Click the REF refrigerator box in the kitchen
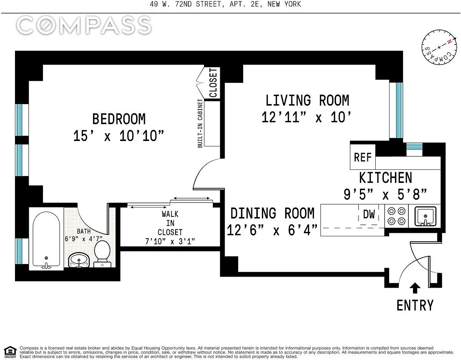(x=363, y=157)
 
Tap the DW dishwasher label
(x=369, y=214)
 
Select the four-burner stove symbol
(x=396, y=216)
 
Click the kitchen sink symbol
(x=425, y=216)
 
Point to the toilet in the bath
(x=102, y=254)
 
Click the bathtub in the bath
(x=46, y=239)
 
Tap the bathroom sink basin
(x=79, y=260)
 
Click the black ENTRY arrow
(x=415, y=288)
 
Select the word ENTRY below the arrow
(x=415, y=305)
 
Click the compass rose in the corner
(x=439, y=50)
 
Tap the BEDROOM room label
(x=119, y=119)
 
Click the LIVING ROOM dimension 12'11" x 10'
(x=306, y=117)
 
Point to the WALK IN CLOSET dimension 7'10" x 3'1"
(x=170, y=241)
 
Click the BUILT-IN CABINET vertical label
(x=200, y=123)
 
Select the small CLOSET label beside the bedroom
(x=213, y=83)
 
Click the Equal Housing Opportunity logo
(x=10, y=352)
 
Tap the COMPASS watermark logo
(x=84, y=25)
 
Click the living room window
(x=399, y=110)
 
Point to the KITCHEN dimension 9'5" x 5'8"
(x=385, y=194)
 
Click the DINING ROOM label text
(x=272, y=213)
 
